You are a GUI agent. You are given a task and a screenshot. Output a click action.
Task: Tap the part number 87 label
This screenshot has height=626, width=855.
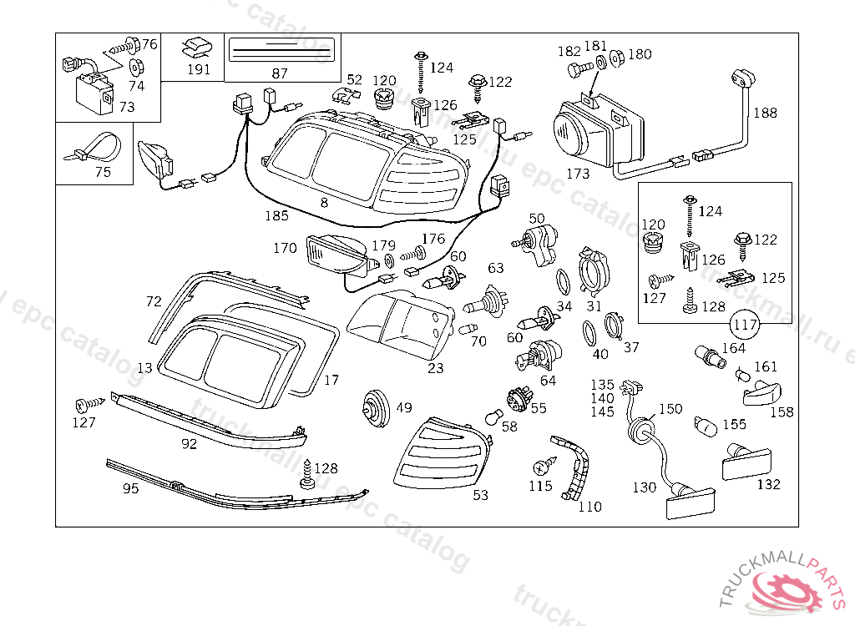[x=280, y=73]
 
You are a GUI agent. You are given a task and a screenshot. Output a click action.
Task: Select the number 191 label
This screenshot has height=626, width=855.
[x=199, y=69]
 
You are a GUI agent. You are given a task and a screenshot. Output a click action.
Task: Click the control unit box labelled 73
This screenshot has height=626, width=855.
[x=94, y=91]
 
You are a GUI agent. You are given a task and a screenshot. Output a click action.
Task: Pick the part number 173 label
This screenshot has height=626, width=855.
[x=578, y=174]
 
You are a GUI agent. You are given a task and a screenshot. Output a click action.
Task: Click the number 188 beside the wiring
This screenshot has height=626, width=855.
[x=765, y=113]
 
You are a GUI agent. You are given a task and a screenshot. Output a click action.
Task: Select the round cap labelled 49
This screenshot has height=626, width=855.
[x=376, y=408]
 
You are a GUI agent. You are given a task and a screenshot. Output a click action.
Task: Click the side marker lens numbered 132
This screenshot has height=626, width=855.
[x=745, y=462]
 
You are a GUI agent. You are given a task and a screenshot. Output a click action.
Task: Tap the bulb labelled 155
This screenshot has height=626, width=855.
[x=706, y=427]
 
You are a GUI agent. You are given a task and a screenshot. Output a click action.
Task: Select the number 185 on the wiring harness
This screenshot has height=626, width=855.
[x=276, y=215]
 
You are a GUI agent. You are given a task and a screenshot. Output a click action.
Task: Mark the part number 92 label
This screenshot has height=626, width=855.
[x=190, y=444]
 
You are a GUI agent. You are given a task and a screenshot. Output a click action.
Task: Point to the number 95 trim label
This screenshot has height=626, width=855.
[x=131, y=488]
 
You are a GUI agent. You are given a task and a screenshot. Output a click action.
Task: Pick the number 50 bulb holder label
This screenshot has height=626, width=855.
[x=537, y=219]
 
